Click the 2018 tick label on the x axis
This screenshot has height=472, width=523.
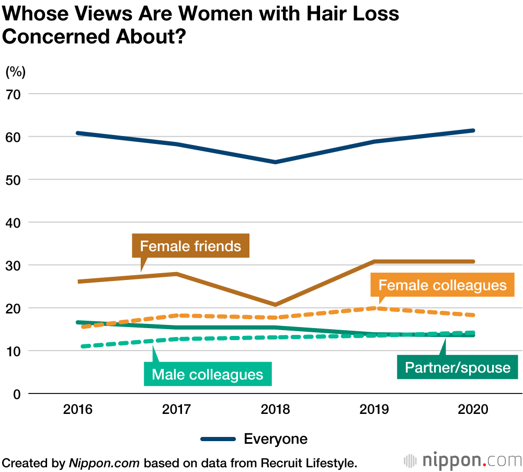[x=275, y=409]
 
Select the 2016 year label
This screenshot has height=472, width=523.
[x=77, y=409]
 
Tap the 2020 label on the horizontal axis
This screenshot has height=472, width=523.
[x=473, y=409]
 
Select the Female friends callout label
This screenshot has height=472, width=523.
[x=191, y=246]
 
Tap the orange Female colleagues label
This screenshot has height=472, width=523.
[x=442, y=285]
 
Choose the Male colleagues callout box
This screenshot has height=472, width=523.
[x=208, y=375]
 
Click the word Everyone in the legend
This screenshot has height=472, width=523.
[x=276, y=439]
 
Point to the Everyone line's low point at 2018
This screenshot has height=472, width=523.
[x=275, y=162]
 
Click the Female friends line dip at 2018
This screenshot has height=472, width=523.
[x=275, y=305]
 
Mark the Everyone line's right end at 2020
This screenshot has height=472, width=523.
[x=473, y=130]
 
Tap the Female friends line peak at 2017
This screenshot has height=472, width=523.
[x=176, y=274]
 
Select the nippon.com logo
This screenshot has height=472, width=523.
[x=463, y=460]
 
